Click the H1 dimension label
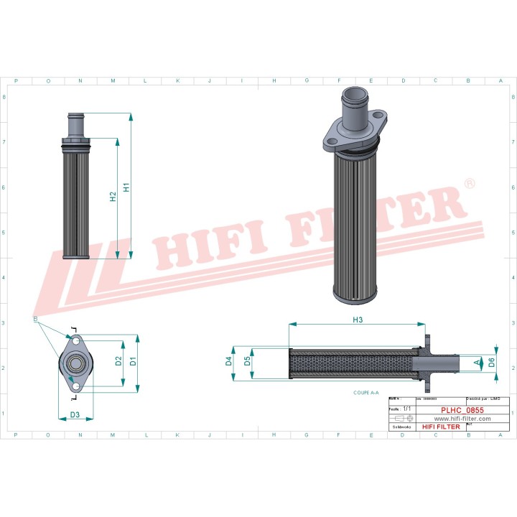(126, 187)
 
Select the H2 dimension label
(113, 197)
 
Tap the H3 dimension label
(357, 319)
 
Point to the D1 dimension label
(133, 361)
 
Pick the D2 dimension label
(118, 361)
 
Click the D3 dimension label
(75, 414)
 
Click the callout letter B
(35, 317)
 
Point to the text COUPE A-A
(366, 393)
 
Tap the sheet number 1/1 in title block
(407, 408)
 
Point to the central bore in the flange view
(75, 363)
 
